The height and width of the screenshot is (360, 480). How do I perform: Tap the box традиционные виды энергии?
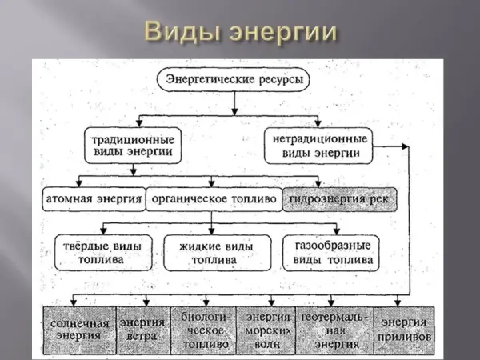[x=138, y=144]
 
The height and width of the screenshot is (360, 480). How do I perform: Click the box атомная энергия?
[x=92, y=198]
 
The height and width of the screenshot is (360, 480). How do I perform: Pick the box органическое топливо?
[x=212, y=198]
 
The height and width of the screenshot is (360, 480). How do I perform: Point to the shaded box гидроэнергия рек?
[x=340, y=198]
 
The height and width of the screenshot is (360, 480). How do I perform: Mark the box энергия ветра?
[x=143, y=330]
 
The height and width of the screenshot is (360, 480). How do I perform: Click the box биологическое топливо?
[x=203, y=330]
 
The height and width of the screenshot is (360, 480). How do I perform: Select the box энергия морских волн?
[x=267, y=330]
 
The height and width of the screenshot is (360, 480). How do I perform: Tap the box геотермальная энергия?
[x=333, y=330]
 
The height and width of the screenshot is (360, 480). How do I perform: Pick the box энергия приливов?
[x=406, y=330]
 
